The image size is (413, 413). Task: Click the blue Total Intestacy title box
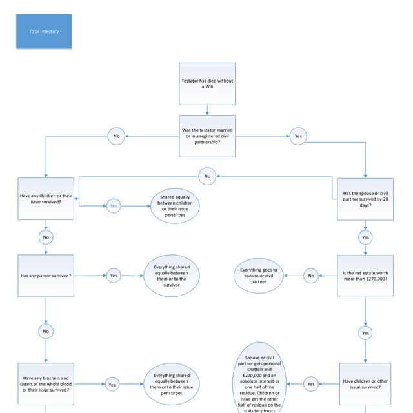click(x=44, y=32)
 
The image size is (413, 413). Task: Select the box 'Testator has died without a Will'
click(x=206, y=84)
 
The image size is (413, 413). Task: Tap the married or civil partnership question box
click(x=206, y=136)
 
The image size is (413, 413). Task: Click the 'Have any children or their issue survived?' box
click(x=46, y=199)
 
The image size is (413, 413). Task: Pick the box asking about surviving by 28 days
click(x=366, y=199)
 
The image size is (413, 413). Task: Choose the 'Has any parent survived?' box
click(x=46, y=276)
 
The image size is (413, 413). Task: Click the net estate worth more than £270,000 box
click(x=366, y=276)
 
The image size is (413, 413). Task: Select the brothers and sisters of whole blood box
click(x=46, y=384)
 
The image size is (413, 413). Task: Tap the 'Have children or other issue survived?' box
click(x=366, y=384)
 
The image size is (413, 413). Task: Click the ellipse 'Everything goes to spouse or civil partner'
click(x=259, y=276)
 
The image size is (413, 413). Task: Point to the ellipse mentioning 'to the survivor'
click(x=171, y=276)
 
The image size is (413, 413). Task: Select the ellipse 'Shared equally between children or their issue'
click(x=176, y=206)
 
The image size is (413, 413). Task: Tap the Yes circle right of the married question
click(x=297, y=136)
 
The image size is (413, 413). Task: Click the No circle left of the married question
click(x=116, y=136)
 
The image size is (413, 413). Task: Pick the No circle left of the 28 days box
click(x=207, y=176)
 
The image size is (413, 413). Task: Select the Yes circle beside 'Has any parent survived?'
click(x=114, y=276)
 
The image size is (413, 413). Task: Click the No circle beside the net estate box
click(x=310, y=276)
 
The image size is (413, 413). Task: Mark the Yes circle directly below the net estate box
click(x=366, y=332)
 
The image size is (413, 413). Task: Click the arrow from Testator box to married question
click(x=206, y=110)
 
